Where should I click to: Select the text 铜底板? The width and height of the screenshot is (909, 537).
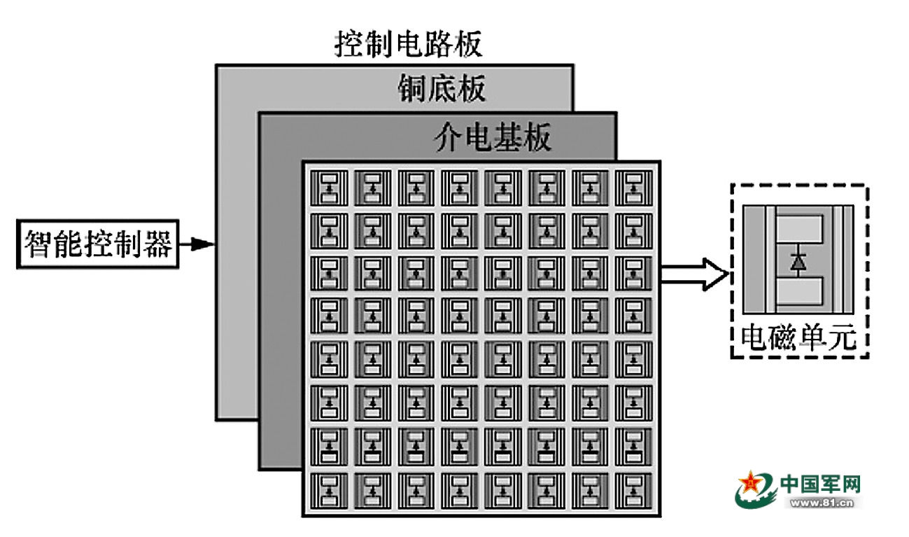(x=442, y=89)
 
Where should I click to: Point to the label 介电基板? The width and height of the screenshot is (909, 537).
(x=492, y=139)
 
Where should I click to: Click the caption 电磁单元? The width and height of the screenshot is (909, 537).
(x=798, y=339)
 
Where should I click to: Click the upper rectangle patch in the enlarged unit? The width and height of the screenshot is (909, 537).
(x=798, y=228)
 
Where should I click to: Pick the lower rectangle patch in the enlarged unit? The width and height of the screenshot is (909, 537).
(x=798, y=291)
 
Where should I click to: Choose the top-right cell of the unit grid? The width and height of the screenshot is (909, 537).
(x=633, y=187)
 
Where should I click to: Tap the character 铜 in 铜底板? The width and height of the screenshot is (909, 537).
(x=412, y=89)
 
